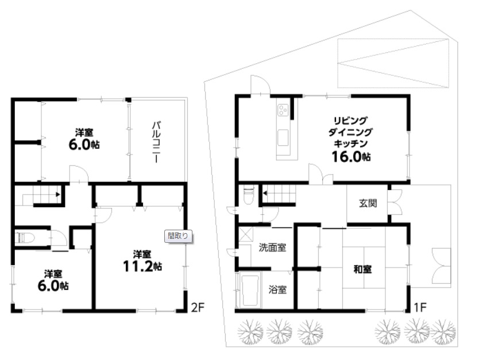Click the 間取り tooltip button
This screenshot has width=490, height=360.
pos(178,236)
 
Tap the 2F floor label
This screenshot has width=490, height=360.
pos(197,308)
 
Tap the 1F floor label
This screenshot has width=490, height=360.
pos(420,308)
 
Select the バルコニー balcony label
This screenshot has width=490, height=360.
pos(156,142)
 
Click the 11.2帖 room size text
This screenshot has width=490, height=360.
pos(142,266)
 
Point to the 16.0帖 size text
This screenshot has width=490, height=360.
pos(351,156)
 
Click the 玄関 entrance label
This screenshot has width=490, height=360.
pos(368,203)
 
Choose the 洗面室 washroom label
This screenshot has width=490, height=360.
pos(272,247)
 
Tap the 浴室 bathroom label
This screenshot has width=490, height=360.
pos(277,289)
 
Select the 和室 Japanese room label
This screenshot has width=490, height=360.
pos(362,269)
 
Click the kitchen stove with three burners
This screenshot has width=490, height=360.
pos(283,110)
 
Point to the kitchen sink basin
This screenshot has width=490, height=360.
pos(283,138)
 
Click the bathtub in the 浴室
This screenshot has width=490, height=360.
pos(250,290)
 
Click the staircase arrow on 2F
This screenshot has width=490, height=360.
pos(58,194)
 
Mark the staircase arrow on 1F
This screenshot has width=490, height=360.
pos(265,193)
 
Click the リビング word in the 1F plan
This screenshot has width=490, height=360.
pos(350,121)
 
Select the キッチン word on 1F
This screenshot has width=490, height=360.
pos(350,144)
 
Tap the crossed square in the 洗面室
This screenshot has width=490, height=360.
pos(246,234)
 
